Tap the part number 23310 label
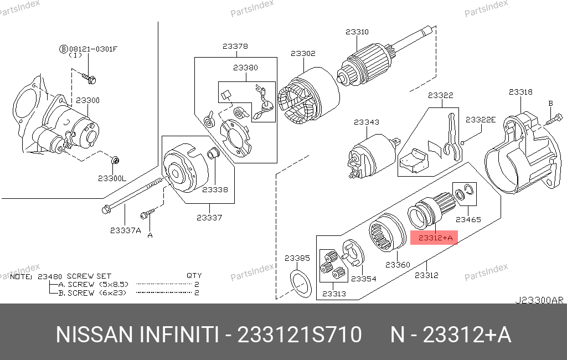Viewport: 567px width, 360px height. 357,32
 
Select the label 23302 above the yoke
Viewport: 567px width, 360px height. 303,54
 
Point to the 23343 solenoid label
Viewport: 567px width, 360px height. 367,122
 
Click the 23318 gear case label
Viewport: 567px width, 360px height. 520,92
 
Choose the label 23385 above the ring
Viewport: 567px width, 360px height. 297,258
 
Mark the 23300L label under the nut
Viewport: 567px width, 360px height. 112,178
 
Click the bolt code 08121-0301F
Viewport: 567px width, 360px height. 93,49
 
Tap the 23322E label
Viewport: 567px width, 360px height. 481,120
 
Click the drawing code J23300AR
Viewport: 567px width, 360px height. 539,300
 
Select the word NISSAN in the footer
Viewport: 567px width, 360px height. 95,335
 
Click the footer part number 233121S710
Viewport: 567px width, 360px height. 299,335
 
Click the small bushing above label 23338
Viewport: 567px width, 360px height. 213,154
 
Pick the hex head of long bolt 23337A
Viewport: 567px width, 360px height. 106,209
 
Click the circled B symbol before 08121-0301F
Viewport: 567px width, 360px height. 64,49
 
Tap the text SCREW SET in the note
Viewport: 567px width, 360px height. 89,276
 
